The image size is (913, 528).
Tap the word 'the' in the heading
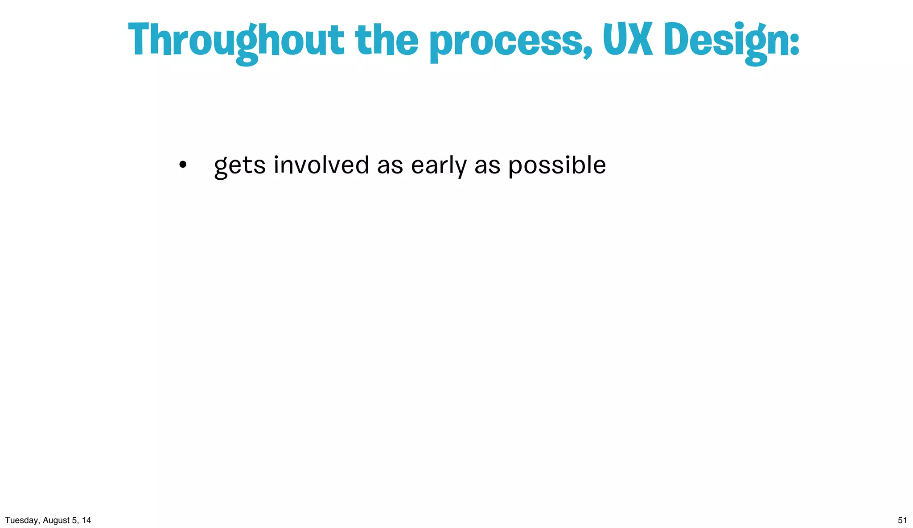coord(387,40)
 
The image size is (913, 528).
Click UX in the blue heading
coord(628,40)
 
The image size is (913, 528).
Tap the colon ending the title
coord(794,45)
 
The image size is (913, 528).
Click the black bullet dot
coord(182,165)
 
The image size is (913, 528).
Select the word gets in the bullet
coord(240,166)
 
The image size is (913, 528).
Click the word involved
coord(321,165)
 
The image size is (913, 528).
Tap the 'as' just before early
coord(390,166)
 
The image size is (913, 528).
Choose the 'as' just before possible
coord(487,166)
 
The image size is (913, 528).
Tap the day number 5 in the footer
coord(74,520)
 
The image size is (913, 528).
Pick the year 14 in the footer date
coord(86,520)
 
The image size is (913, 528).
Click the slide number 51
coord(902,520)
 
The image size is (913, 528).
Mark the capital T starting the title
coord(138,39)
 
